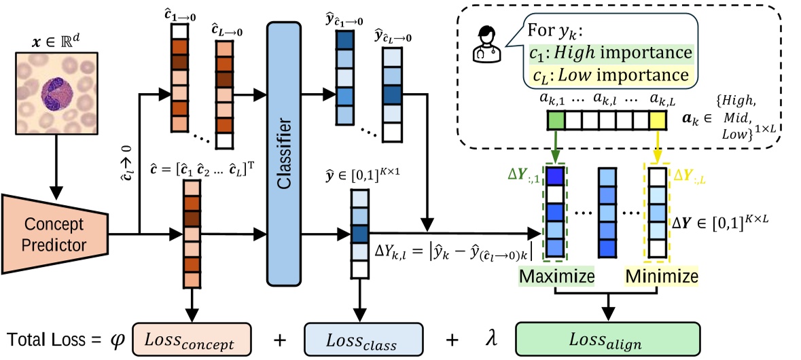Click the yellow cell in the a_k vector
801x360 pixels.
[656, 122]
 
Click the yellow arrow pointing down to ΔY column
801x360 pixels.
[656, 146]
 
